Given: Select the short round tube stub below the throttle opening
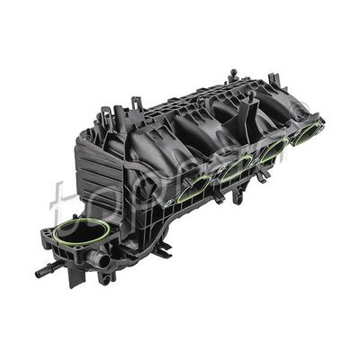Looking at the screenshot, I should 101,261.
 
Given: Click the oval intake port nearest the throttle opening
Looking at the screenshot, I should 193,188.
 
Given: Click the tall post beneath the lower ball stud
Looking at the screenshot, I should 136,117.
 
